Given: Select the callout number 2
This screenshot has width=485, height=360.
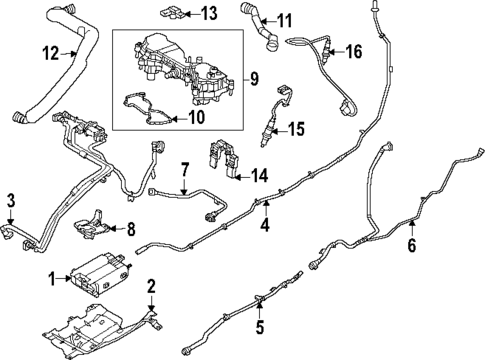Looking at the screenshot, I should click(151, 288).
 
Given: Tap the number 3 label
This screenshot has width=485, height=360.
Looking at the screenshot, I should click(11, 201).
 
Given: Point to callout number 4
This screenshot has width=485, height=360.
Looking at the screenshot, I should click(265, 226).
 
